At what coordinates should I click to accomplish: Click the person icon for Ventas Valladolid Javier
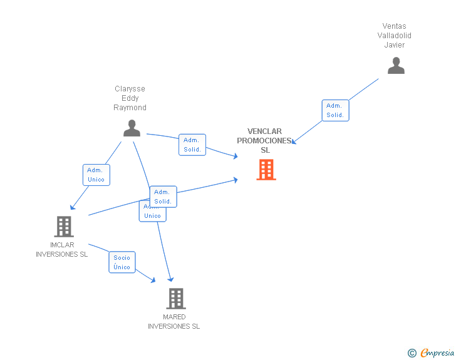[x=396, y=66]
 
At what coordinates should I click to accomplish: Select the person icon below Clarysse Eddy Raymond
[x=132, y=128]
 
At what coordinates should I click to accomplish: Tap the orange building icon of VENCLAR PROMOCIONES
[x=266, y=169]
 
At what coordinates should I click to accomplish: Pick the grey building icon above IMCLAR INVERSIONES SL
[x=63, y=227]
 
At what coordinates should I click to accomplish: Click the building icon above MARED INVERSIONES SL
[x=176, y=299]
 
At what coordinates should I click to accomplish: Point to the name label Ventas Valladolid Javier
[x=395, y=36]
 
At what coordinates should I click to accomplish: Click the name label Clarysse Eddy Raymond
[x=130, y=98]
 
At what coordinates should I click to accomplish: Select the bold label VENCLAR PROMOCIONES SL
[x=265, y=141]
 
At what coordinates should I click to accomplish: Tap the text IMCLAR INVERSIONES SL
[x=62, y=250]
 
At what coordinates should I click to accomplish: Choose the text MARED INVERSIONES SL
[x=174, y=322]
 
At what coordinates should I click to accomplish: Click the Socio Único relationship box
[x=122, y=262]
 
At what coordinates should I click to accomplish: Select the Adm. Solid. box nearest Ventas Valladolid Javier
[x=335, y=110]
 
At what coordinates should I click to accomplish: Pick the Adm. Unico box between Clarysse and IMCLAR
[x=96, y=175]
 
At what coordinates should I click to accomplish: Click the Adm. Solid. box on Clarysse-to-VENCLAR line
[x=192, y=145]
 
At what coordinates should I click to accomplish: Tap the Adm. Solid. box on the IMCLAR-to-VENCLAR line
[x=163, y=197]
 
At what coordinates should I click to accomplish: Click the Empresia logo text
[x=437, y=353]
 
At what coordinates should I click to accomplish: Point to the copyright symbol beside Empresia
[x=412, y=353]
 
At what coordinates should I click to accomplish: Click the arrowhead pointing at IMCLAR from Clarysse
[x=72, y=207]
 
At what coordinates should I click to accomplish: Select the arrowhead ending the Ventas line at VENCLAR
[x=294, y=142]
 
